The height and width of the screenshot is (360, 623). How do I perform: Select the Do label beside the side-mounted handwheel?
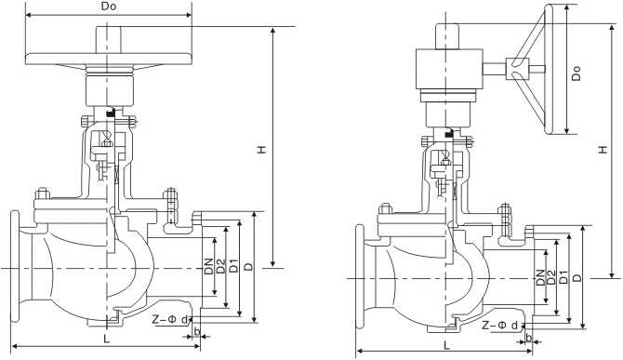[577, 72]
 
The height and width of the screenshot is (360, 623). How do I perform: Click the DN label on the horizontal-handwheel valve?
[209, 267]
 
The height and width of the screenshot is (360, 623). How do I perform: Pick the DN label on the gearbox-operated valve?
[540, 276]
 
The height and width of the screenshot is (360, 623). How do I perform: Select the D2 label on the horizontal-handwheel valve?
[221, 267]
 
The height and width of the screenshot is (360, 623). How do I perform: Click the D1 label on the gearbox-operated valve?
[563, 276]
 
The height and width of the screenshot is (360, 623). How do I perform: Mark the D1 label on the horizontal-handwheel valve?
[234, 267]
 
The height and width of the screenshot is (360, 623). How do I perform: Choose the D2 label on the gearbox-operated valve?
[551, 276]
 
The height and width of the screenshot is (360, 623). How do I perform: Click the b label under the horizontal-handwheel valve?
[198, 332]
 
